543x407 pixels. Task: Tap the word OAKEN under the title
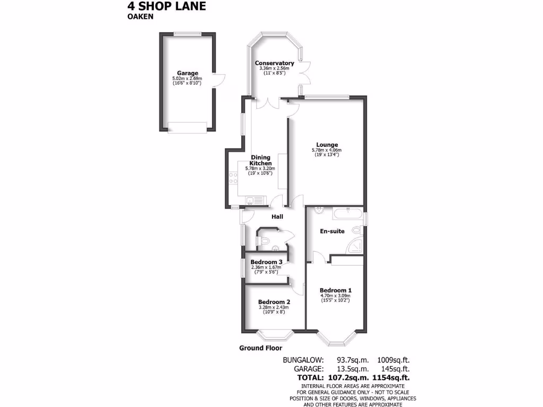pos(140,16)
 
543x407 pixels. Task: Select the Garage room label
pos(188,73)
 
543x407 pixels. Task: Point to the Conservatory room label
pos(274,63)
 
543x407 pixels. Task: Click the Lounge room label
pos(327,145)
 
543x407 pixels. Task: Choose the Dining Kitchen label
pos(260,160)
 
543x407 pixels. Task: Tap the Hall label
pos(277,217)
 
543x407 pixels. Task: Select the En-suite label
pos(332,231)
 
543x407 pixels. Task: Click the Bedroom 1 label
pos(336,290)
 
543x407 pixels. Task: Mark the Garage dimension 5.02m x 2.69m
pos(188,78)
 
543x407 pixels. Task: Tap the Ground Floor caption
pos(260,348)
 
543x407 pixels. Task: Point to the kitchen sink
pos(252,200)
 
